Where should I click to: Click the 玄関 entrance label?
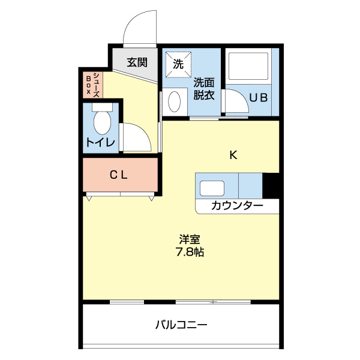tap(137, 61)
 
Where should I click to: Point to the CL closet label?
tap(118, 175)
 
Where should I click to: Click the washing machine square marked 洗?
tap(179, 64)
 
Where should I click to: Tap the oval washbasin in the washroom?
tap(175, 101)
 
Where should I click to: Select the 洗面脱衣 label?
tap(204, 88)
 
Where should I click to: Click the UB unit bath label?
tap(259, 97)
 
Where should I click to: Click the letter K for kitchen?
tap(234, 155)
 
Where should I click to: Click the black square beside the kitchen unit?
tap(272, 185)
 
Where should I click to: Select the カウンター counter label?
tap(236, 206)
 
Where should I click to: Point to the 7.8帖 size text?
tap(190, 252)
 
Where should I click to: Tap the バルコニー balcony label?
tap(181, 325)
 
